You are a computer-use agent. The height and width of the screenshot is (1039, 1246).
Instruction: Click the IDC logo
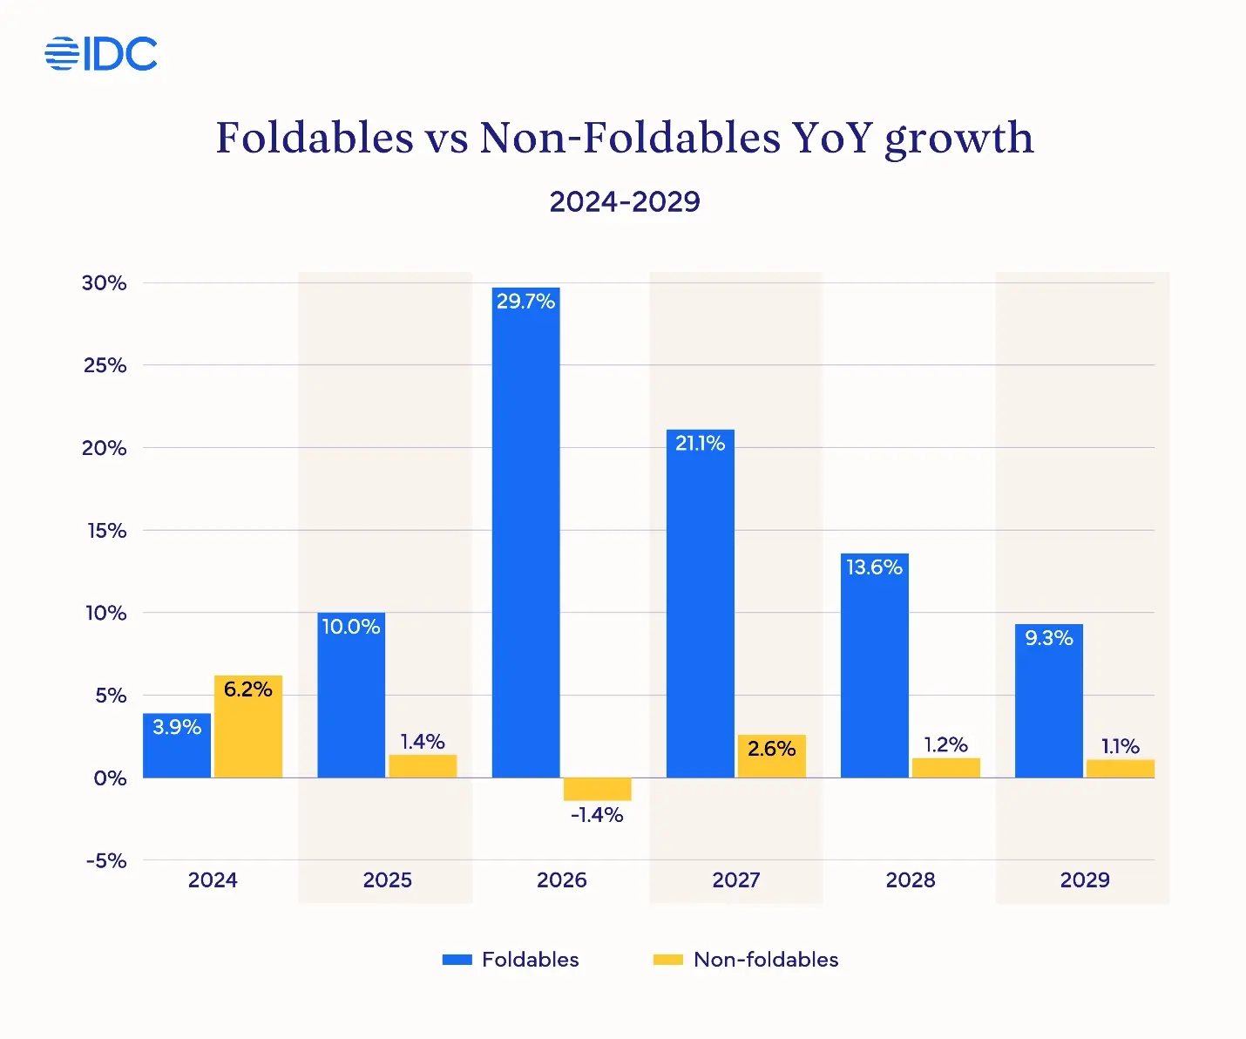pyautogui.click(x=101, y=54)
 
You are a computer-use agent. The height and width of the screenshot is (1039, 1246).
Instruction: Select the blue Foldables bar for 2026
pyautogui.click(x=525, y=540)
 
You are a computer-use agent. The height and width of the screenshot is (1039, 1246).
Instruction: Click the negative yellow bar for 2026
pyautogui.click(x=597, y=789)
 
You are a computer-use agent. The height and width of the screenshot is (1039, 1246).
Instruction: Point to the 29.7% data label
pyautogui.click(x=525, y=302)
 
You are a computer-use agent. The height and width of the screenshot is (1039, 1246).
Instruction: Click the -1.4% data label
pyautogui.click(x=597, y=815)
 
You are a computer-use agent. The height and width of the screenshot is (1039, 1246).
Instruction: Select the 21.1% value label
pyautogui.click(x=700, y=444)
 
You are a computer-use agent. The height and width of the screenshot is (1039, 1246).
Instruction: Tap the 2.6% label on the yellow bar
pyautogui.click(x=771, y=749)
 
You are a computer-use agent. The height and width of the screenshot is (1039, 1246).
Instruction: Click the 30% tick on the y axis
pyautogui.click(x=105, y=283)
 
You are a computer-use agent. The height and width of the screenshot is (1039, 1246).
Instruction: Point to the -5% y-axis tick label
pyautogui.click(x=106, y=861)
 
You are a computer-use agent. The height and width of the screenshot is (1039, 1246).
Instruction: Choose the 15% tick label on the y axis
pyautogui.click(x=106, y=531)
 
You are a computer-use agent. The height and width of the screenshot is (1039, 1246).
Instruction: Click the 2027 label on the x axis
pyautogui.click(x=735, y=880)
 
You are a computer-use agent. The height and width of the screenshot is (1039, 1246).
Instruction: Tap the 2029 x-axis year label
pyautogui.click(x=1085, y=880)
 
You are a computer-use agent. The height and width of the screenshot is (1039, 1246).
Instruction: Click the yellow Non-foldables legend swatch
pyautogui.click(x=667, y=960)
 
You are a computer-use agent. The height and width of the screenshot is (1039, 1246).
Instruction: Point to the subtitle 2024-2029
pyautogui.click(x=625, y=201)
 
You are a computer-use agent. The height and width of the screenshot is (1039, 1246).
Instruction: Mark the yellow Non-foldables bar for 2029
pyautogui.click(x=1120, y=769)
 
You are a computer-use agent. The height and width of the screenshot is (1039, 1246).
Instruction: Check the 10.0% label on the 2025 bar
pyautogui.click(x=351, y=627)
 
